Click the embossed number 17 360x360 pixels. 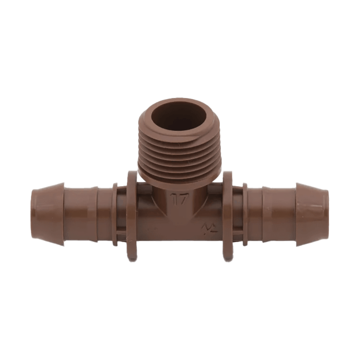pyautogui.click(x=180, y=200)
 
